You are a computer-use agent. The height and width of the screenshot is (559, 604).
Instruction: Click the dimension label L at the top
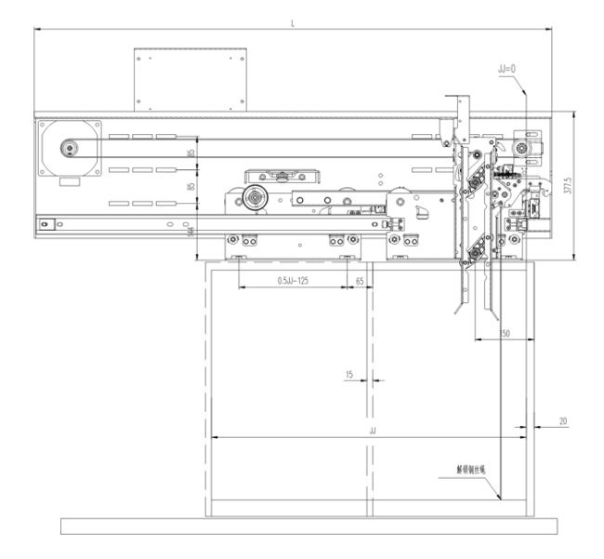tap(293, 21)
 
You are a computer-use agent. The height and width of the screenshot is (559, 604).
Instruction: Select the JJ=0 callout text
tap(507, 68)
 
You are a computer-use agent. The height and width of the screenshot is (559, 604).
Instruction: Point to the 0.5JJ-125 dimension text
tap(294, 280)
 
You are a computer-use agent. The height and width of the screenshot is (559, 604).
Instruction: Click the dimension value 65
tap(359, 280)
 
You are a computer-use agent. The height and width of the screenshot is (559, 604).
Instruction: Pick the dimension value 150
tap(503, 332)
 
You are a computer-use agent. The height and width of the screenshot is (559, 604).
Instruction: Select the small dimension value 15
tap(349, 375)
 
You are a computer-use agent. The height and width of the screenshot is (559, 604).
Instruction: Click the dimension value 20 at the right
tap(562, 421)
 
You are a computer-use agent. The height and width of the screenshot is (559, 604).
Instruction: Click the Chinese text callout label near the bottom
tap(473, 472)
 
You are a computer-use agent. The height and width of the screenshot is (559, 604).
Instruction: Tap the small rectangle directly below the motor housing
tap(69, 183)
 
